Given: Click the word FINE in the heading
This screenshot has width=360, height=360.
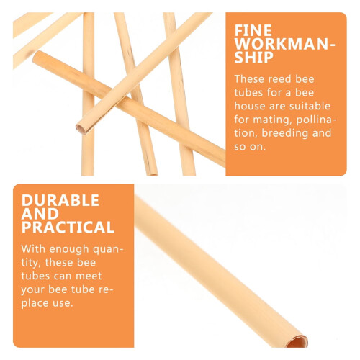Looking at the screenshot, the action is (x=253, y=30).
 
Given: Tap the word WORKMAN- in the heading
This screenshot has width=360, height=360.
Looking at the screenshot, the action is (x=285, y=44).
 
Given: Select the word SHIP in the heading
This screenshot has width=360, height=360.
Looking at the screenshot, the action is (x=254, y=58).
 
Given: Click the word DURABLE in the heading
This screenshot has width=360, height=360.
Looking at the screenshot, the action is (x=60, y=200).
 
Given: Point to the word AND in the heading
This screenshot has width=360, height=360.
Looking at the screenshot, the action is (x=40, y=214).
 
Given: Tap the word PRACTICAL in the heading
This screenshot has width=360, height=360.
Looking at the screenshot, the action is (x=68, y=227).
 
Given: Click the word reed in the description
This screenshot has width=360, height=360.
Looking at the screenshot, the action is (x=274, y=79).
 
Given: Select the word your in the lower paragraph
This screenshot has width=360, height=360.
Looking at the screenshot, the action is (x=33, y=290).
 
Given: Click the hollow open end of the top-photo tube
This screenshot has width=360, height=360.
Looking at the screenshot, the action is (x=81, y=129).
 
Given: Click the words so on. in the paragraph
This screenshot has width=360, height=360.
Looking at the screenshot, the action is (x=250, y=147).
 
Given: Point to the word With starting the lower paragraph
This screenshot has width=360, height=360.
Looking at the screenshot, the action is (x=33, y=249).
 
